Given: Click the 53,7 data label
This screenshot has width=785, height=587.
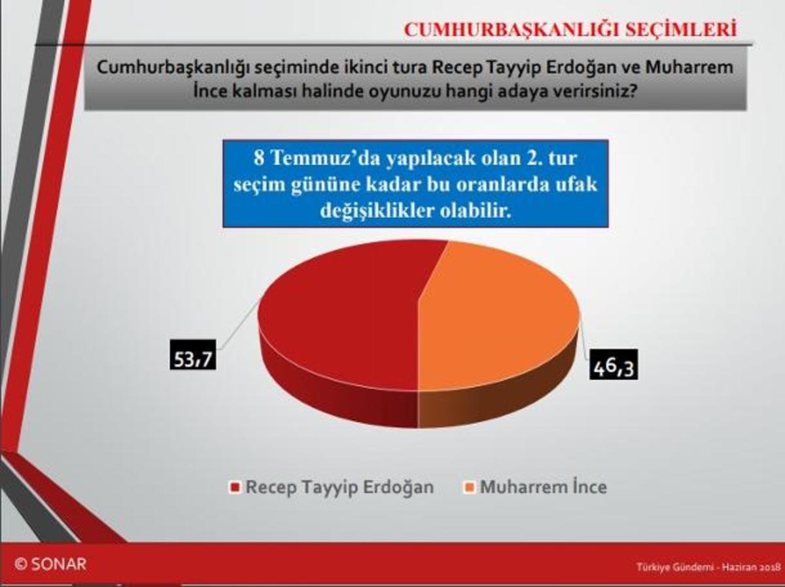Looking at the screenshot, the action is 193,359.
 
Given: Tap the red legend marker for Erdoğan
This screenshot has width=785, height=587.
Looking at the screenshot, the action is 235,487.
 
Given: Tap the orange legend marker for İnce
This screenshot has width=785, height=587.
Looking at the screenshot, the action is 469,487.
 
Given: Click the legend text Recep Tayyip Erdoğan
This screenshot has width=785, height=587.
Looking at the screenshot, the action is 340,487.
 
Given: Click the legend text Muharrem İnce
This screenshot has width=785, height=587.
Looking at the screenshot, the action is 544,487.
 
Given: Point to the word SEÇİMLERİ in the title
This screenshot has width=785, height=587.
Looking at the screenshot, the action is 681,29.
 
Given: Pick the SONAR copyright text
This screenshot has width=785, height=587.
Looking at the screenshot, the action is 50,564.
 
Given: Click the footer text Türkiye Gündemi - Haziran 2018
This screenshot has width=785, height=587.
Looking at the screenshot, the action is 708,567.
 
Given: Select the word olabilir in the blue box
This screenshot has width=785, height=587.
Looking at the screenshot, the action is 476,211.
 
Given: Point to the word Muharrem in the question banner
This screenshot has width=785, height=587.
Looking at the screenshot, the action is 689,67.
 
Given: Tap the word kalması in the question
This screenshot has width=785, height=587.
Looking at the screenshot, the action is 264,92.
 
